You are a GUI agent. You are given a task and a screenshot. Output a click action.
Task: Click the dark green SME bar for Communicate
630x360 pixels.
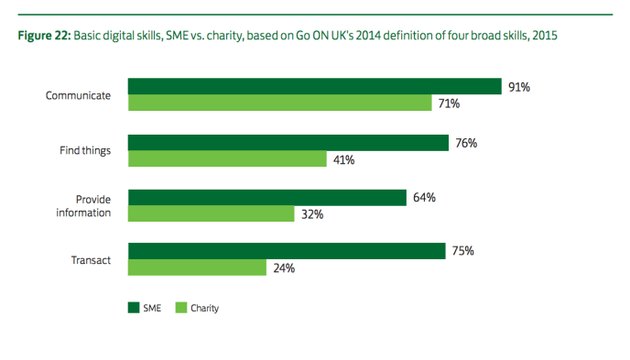314,87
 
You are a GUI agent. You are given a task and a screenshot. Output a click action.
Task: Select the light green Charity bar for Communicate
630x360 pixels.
279,104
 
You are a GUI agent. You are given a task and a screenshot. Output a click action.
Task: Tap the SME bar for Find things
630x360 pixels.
288,143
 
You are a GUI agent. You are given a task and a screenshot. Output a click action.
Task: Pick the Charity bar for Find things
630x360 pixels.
227,159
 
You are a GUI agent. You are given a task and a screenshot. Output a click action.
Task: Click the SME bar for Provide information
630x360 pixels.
266,198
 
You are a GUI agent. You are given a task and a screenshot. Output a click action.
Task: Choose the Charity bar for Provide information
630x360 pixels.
211,214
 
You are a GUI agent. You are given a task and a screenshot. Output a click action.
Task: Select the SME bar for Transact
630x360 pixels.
286,252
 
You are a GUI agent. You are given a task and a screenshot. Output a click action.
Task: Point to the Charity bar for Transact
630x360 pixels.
197,268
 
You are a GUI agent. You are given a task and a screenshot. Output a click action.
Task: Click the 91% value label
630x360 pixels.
519,87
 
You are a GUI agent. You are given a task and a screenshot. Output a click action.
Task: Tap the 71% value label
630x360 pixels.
449,104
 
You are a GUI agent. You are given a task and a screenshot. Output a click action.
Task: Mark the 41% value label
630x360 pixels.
343,159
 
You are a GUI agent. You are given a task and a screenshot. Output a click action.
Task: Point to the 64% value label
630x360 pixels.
424,198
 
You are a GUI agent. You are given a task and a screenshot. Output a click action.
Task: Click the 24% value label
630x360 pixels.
284,268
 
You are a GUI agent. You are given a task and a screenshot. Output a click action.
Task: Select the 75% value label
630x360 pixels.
462,252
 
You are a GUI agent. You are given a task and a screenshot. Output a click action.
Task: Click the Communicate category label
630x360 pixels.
79,95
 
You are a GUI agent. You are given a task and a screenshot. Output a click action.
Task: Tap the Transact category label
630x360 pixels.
91,260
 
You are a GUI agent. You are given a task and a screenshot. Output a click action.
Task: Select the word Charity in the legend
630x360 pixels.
205,309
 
